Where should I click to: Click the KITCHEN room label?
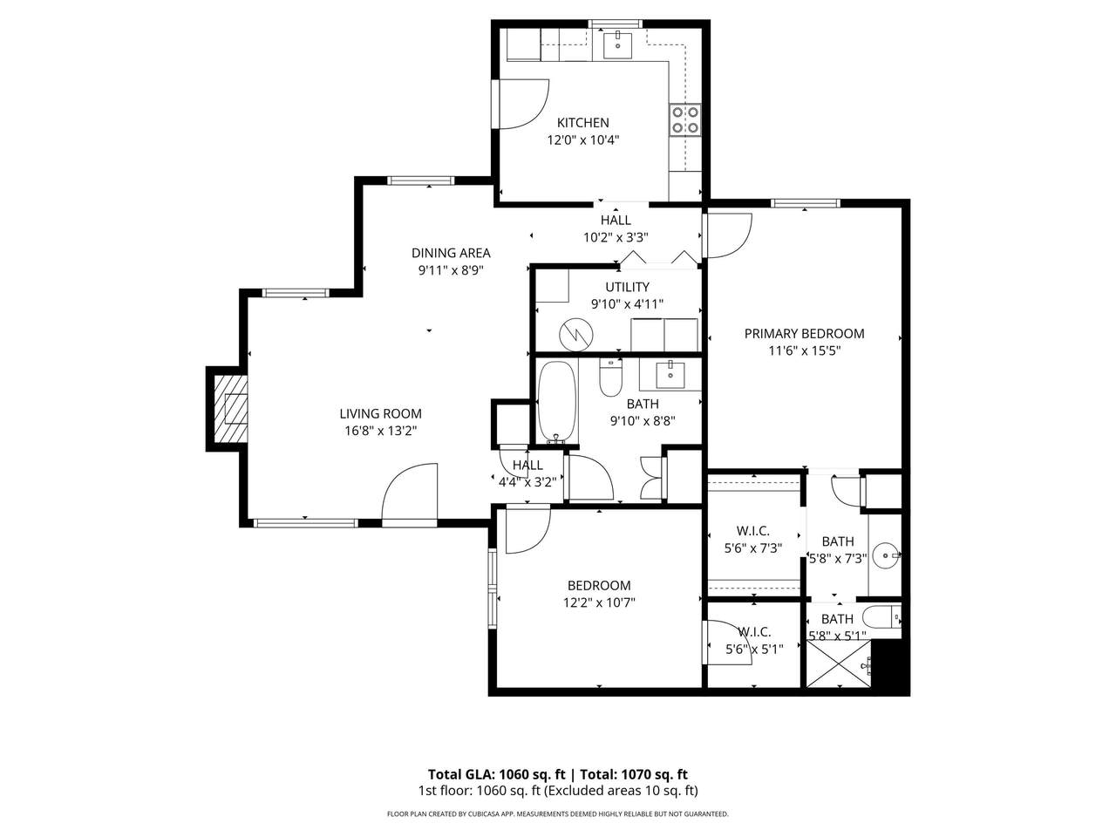[582, 122]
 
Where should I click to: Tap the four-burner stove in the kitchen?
[684, 119]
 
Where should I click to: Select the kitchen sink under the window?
[618, 46]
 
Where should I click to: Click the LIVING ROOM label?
[380, 413]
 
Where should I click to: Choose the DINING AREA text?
[451, 253]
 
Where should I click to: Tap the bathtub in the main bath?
[557, 402]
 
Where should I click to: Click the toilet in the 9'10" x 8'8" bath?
[610, 377]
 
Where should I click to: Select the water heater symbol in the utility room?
[576, 335]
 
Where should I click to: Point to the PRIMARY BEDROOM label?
[804, 333]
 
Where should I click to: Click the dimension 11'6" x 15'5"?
[804, 350]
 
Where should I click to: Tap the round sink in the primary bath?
[886, 555]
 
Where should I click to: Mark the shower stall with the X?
[839, 664]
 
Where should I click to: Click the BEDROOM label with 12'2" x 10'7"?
[599, 585]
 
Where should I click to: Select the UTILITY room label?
[627, 287]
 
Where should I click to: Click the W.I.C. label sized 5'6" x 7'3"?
[752, 531]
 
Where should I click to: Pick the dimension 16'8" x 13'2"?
[380, 431]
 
